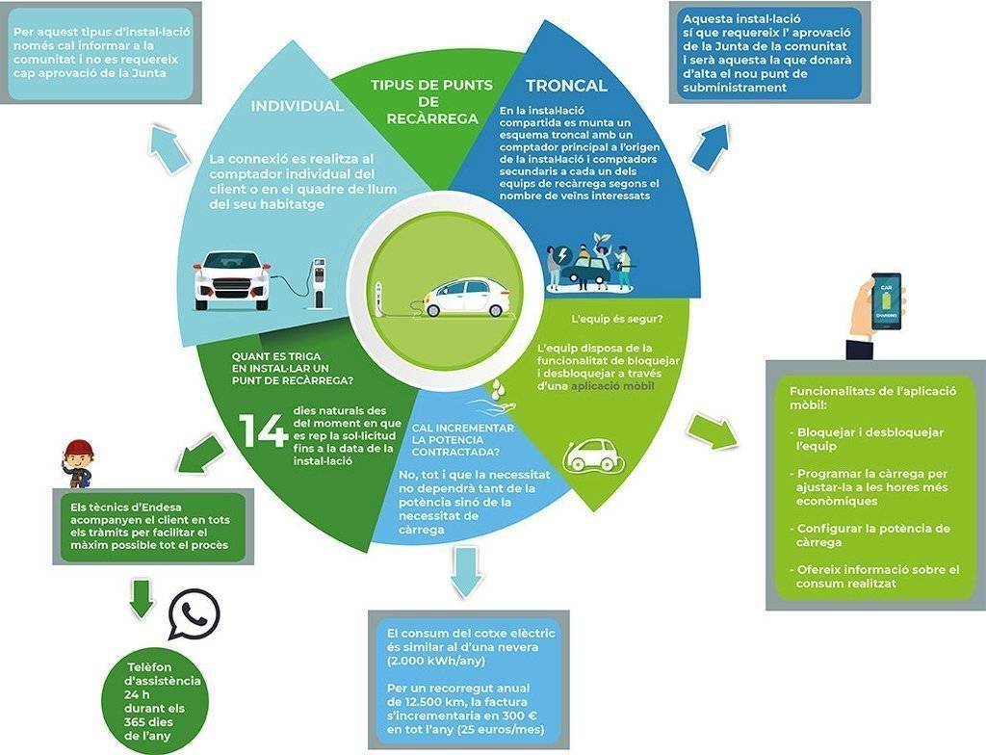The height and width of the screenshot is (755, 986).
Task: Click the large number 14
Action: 263,430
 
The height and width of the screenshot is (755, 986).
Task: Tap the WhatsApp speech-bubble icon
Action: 194,614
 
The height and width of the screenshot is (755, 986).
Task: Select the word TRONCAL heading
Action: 566,86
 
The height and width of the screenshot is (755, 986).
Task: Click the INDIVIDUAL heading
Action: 297,106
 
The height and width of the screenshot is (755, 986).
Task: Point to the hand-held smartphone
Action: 886,302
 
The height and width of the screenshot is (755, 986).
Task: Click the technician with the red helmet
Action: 78,462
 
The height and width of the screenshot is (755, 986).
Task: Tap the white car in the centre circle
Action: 467,298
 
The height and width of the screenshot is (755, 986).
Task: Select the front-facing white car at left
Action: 232,279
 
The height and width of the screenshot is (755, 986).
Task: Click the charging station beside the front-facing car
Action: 319,284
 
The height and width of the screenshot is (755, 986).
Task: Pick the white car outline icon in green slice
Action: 593,456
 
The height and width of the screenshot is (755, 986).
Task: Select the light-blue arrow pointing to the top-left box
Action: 170,150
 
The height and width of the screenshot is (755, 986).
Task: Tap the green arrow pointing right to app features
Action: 713,430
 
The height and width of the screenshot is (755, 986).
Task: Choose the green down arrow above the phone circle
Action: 142,597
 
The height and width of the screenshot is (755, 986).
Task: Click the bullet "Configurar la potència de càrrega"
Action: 874,535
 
